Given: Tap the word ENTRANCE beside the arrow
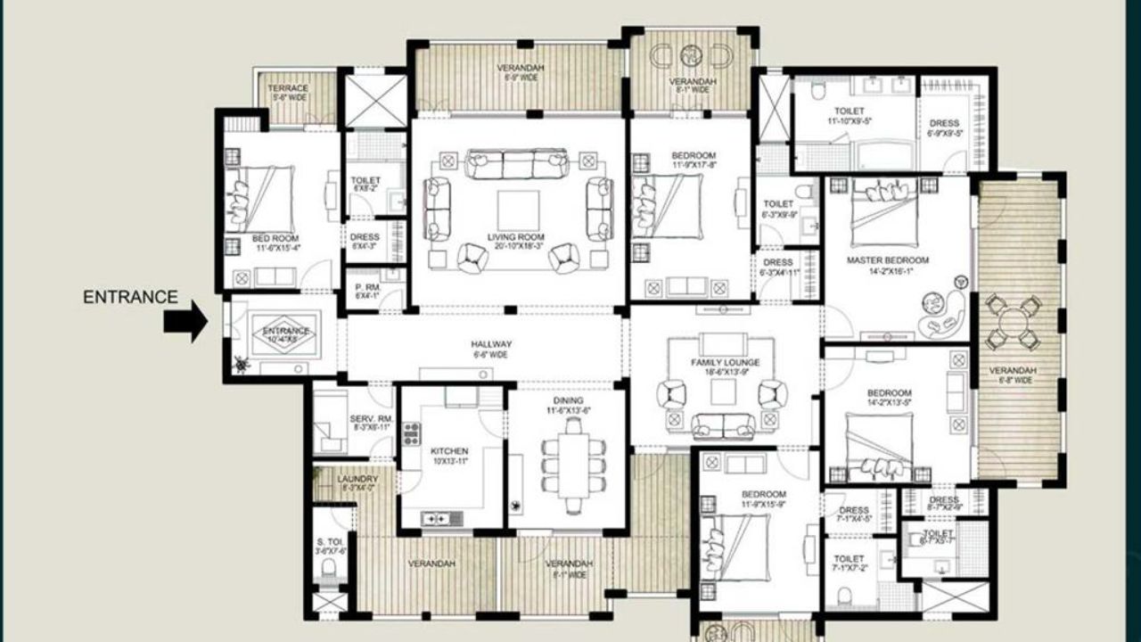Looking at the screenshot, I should (x=130, y=298).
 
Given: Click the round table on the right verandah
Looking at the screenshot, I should (x=1014, y=323).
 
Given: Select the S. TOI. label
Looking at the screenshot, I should (x=330, y=546).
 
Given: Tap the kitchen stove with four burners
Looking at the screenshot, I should (x=411, y=433).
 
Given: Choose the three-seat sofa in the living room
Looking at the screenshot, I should (x=517, y=164).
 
